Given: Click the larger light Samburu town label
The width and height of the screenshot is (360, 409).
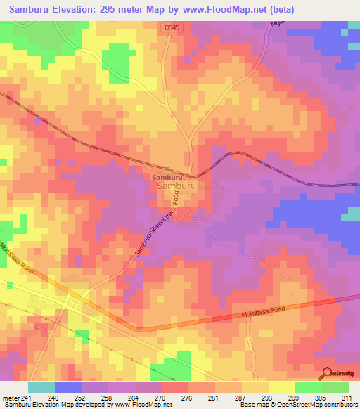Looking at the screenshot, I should (x=176, y=188).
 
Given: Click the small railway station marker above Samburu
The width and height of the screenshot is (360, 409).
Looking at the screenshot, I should (x=167, y=169).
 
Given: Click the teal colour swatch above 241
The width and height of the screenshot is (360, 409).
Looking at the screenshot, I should (x=41, y=387).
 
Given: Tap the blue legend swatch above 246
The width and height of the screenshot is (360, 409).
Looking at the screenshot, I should (x=68, y=387).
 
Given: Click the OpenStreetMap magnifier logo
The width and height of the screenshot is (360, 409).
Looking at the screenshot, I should (x=326, y=372).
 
